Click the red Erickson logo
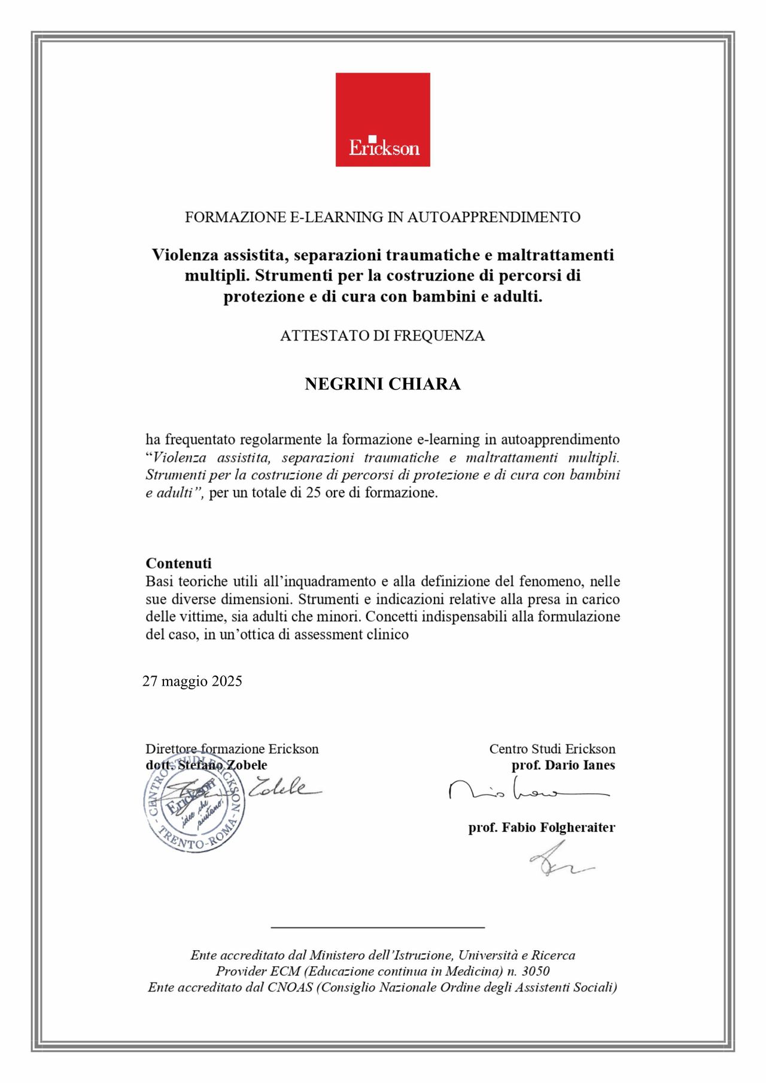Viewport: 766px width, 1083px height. coord(382,120)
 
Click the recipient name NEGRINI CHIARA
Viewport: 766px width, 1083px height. coord(382,384)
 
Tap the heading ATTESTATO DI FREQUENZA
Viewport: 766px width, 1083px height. coord(382,336)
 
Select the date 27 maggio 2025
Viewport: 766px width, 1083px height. coord(192,682)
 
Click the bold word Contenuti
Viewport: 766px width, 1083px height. coord(178,563)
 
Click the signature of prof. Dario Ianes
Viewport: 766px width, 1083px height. coord(527,791)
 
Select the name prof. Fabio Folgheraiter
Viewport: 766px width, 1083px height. coord(542,828)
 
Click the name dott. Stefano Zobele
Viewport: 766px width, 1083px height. coord(206,765)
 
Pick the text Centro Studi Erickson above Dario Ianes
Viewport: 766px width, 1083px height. coord(552,749)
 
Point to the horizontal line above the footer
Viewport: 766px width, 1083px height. coord(378,927)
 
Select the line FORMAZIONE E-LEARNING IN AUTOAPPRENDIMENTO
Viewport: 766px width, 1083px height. coord(382,217)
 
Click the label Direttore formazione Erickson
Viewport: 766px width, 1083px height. coord(232,749)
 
